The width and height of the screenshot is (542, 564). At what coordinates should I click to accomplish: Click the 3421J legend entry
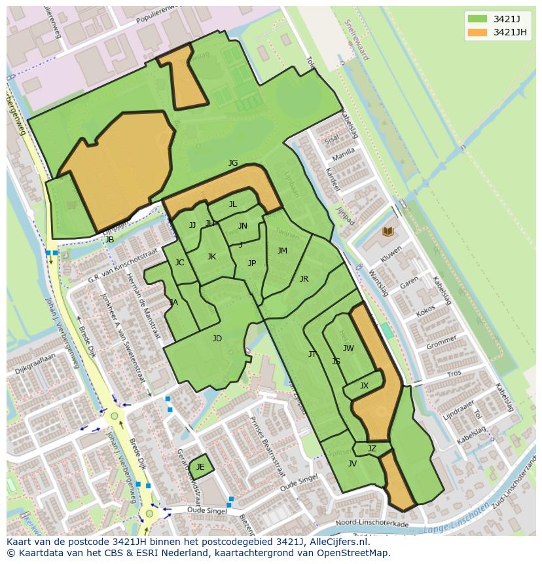pyautogui.click(x=497, y=18)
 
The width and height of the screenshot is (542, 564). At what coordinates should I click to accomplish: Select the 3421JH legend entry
pyautogui.click(x=497, y=32)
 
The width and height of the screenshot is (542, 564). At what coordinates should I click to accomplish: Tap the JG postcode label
pyautogui.click(x=233, y=163)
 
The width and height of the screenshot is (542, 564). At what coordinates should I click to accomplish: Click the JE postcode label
pyautogui.click(x=200, y=467)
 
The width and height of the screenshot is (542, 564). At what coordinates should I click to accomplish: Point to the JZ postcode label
pyautogui.click(x=372, y=449)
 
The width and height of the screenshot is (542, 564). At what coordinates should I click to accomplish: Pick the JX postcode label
pyautogui.click(x=364, y=386)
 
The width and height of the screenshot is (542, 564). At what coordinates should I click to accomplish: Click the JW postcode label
pyautogui.click(x=348, y=348)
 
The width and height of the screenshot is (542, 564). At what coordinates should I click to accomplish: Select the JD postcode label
pyautogui.click(x=217, y=339)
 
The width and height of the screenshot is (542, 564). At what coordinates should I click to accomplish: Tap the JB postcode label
pyautogui.click(x=110, y=240)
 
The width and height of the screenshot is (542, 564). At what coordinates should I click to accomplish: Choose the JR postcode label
pyautogui.click(x=304, y=279)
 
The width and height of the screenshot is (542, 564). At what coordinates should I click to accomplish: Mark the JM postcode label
pyautogui.click(x=282, y=251)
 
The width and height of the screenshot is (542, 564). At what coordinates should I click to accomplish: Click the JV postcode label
pyautogui.click(x=352, y=464)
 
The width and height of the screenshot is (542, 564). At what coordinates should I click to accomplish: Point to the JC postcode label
pyautogui.click(x=179, y=263)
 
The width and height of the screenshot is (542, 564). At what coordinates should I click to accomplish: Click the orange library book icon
pyautogui.click(x=388, y=232)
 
